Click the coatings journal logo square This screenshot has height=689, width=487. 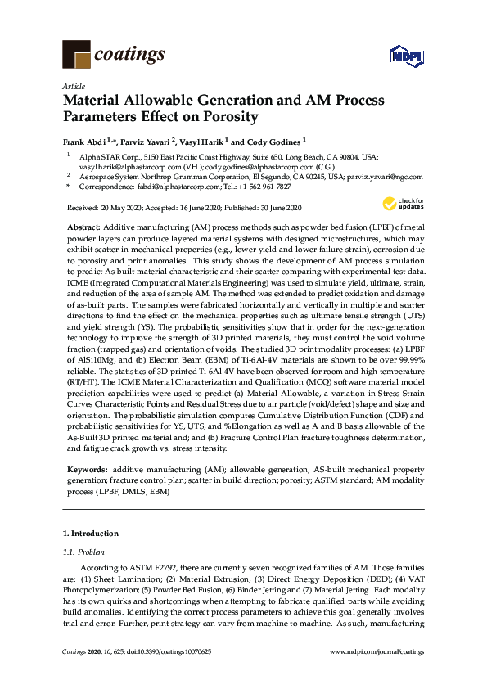pyautogui.click(x=76, y=55)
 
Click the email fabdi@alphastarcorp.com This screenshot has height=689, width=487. pyautogui.click(x=163, y=186)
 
